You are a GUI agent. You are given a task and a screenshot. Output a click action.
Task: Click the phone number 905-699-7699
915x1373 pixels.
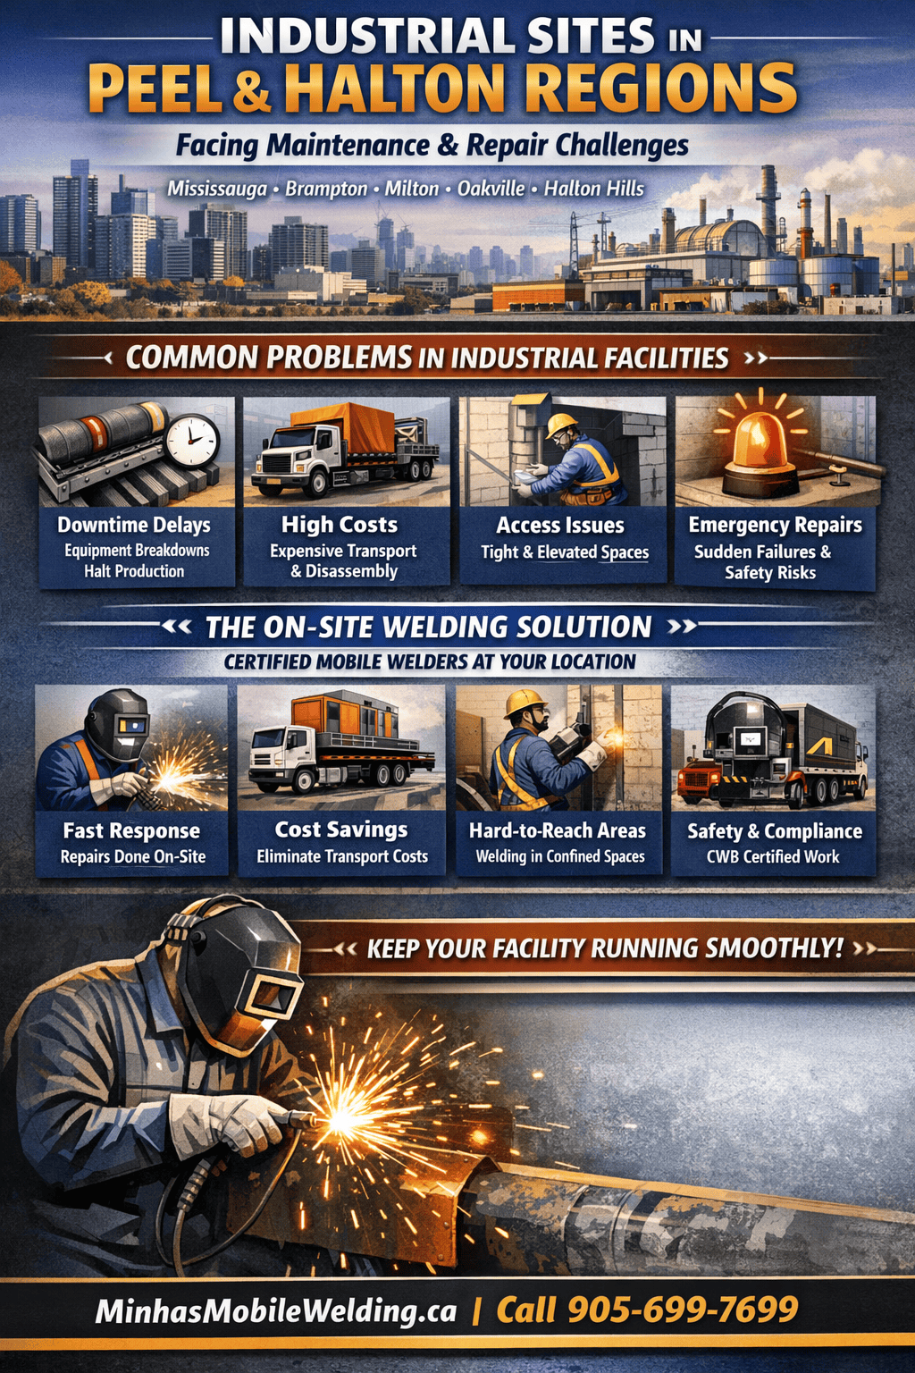pyautogui.click(x=683, y=1310)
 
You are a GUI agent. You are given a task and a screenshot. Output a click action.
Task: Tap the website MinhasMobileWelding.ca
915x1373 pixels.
pyautogui.click(x=275, y=1310)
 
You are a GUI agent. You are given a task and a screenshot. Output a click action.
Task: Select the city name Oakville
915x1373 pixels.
pyautogui.click(x=491, y=189)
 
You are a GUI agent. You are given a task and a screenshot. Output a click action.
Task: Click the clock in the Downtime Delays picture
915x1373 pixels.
pyautogui.click(x=192, y=440)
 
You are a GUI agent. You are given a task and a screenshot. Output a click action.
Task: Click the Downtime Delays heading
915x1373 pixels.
pyautogui.click(x=134, y=525)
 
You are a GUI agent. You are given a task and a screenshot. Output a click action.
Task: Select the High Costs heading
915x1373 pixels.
pyautogui.click(x=340, y=525)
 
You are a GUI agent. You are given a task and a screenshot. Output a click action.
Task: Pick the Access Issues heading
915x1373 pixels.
pyautogui.click(x=560, y=526)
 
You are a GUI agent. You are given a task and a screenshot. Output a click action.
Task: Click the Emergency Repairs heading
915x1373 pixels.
pyautogui.click(x=775, y=525)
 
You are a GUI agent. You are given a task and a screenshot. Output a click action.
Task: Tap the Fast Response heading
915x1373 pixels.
pyautogui.click(x=131, y=830)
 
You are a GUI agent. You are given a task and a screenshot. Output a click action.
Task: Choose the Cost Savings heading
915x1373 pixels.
pyautogui.click(x=341, y=830)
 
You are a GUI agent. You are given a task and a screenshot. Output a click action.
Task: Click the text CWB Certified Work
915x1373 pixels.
pyautogui.click(x=773, y=856)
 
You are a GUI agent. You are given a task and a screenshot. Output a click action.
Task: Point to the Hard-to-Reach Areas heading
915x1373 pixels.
pyautogui.click(x=557, y=830)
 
